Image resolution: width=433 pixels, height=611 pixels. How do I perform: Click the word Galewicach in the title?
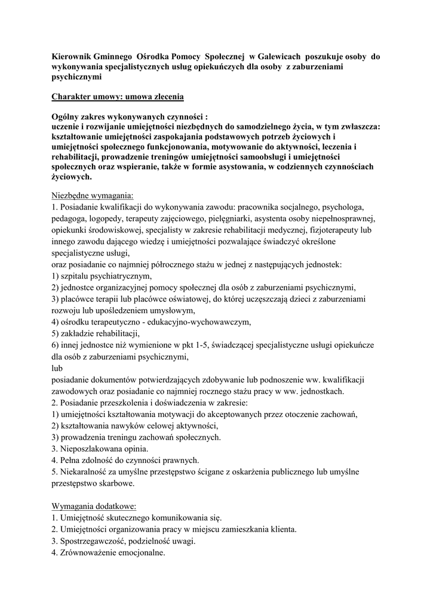click(269, 55)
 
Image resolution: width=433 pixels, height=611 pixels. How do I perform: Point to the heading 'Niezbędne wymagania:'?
click(93, 195)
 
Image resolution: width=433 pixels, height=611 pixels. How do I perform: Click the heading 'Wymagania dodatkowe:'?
click(94, 505)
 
